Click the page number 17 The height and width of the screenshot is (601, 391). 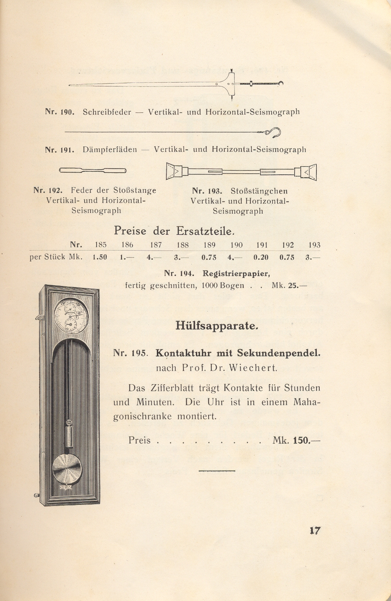[x=315, y=530]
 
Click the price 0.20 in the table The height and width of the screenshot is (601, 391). [x=261, y=258]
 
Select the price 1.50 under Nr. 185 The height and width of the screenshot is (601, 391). [x=100, y=258]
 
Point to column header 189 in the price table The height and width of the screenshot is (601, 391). [x=209, y=245]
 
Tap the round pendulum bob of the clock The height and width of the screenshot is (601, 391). [x=67, y=469]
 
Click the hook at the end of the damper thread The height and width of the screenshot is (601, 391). [x=275, y=132]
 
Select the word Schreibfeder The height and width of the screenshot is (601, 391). [x=107, y=112]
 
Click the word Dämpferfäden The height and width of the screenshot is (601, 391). [x=110, y=150]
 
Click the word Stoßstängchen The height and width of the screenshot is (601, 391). [x=259, y=191]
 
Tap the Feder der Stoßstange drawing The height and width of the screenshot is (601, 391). [x=93, y=170]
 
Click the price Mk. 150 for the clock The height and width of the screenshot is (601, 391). [x=297, y=440]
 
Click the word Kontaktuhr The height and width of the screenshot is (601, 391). [x=183, y=353]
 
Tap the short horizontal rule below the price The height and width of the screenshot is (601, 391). [x=217, y=471]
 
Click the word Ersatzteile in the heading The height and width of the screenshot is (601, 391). [x=205, y=231]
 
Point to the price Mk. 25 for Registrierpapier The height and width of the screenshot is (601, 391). [x=289, y=285]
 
